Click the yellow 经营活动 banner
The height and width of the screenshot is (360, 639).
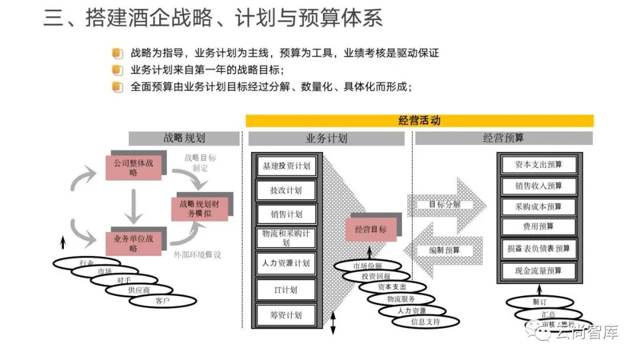coord(419,121)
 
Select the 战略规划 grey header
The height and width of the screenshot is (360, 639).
coord(184,139)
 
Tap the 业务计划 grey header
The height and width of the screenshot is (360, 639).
coord(326,139)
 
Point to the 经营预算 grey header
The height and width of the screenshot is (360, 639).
coord(503,139)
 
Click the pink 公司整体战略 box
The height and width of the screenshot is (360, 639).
coord(133,167)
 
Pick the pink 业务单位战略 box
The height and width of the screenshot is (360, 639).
coord(133,243)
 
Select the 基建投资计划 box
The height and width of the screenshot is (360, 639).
coord(286,166)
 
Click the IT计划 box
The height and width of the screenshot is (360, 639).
coord(286,290)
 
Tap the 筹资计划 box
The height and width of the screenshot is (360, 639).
coord(286,314)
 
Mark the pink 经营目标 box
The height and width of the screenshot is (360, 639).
coord(370,229)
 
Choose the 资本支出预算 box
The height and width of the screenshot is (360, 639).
coord(538,165)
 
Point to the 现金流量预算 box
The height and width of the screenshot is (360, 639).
coord(538,271)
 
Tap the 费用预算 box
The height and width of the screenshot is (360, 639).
coord(538,226)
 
